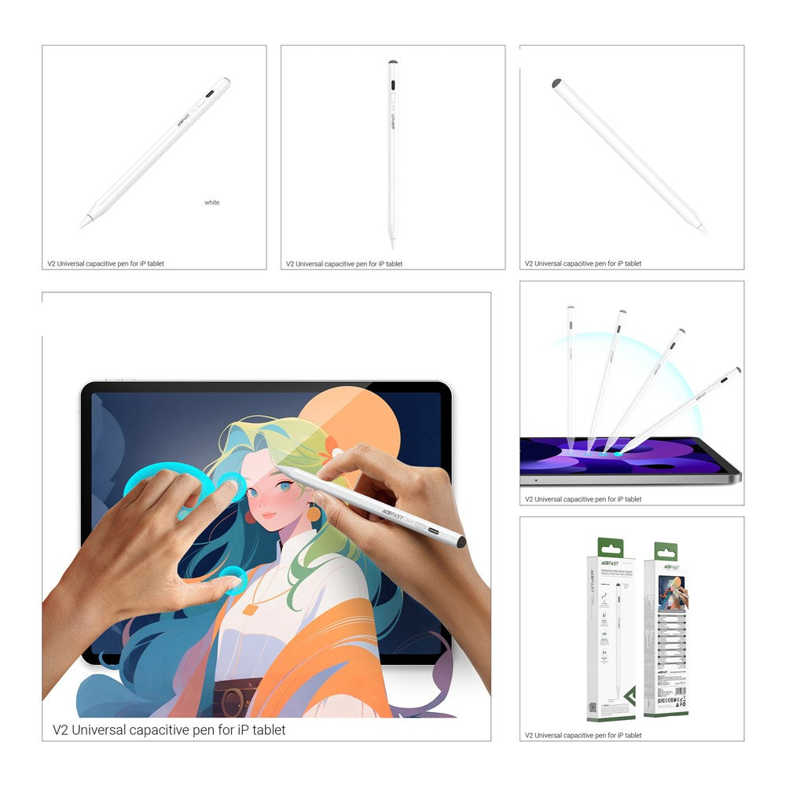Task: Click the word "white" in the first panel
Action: pos(212,203)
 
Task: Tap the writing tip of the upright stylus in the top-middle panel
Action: pos(392,244)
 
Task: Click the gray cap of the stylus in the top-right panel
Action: pos(556,83)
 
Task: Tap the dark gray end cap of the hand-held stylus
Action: pos(461,542)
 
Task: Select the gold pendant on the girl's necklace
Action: pos(250,608)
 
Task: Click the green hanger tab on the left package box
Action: pos(611,548)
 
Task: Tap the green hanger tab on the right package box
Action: pos(666,551)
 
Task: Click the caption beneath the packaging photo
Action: pos(583,736)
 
